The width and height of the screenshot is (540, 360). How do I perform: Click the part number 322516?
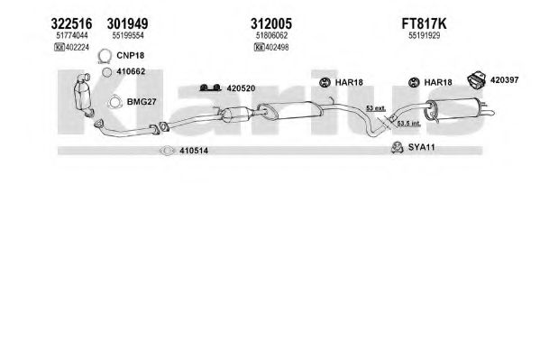pyautogui.click(x=71, y=23)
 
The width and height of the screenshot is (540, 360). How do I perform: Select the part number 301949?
pyautogui.click(x=127, y=23)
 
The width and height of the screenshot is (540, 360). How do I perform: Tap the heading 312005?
pyautogui.click(x=271, y=23)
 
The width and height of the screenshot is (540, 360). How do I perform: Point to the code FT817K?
pyautogui.click(x=424, y=23)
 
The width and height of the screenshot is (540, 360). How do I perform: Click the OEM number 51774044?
pyautogui.click(x=72, y=35)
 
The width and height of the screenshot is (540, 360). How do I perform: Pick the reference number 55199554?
pyautogui.click(x=128, y=35)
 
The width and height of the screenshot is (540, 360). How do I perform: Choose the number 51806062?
pyautogui.click(x=271, y=35)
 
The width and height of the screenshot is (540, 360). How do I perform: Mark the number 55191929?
pyautogui.click(x=425, y=35)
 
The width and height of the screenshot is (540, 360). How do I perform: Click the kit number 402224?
pyautogui.click(x=78, y=47)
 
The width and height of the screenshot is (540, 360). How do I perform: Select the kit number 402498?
pyautogui.click(x=277, y=47)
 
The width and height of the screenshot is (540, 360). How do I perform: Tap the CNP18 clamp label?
pyautogui.click(x=130, y=55)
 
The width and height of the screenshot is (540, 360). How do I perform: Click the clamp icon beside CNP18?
pyautogui.click(x=104, y=57)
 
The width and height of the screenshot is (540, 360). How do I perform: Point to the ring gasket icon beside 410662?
pyautogui.click(x=107, y=72)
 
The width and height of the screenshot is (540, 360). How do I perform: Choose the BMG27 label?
pyautogui.click(x=142, y=102)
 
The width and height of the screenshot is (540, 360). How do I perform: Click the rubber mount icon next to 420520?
pyautogui.click(x=210, y=88)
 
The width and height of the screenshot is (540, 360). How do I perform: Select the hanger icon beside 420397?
pyautogui.click(x=476, y=79)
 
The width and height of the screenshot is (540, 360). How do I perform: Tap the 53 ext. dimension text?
pyautogui.click(x=375, y=108)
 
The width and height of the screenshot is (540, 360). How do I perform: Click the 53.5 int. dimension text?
pyautogui.click(x=408, y=123)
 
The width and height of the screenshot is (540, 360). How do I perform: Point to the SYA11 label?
pyautogui.click(x=421, y=147)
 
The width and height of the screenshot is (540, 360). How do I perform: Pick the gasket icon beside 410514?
pyautogui.click(x=168, y=151)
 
